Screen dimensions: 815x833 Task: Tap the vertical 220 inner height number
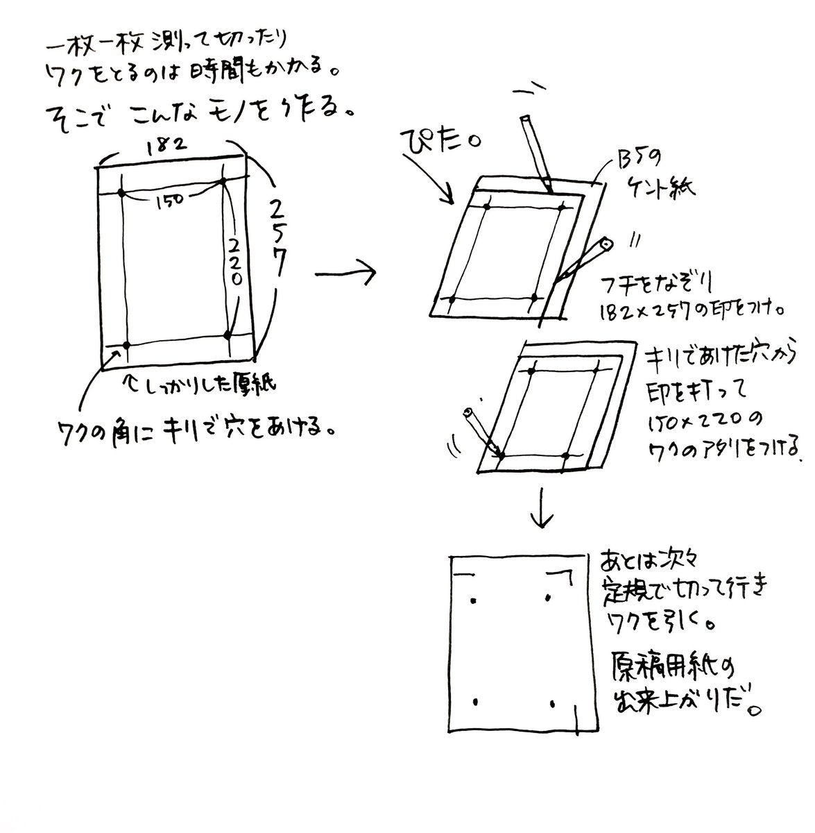[x=236, y=257]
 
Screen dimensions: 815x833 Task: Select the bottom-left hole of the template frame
[x=126, y=344]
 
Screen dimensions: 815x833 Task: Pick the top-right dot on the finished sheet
[x=548, y=598]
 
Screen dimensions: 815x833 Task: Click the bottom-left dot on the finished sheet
[x=475, y=702]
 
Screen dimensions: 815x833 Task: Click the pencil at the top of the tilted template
[x=535, y=152]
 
